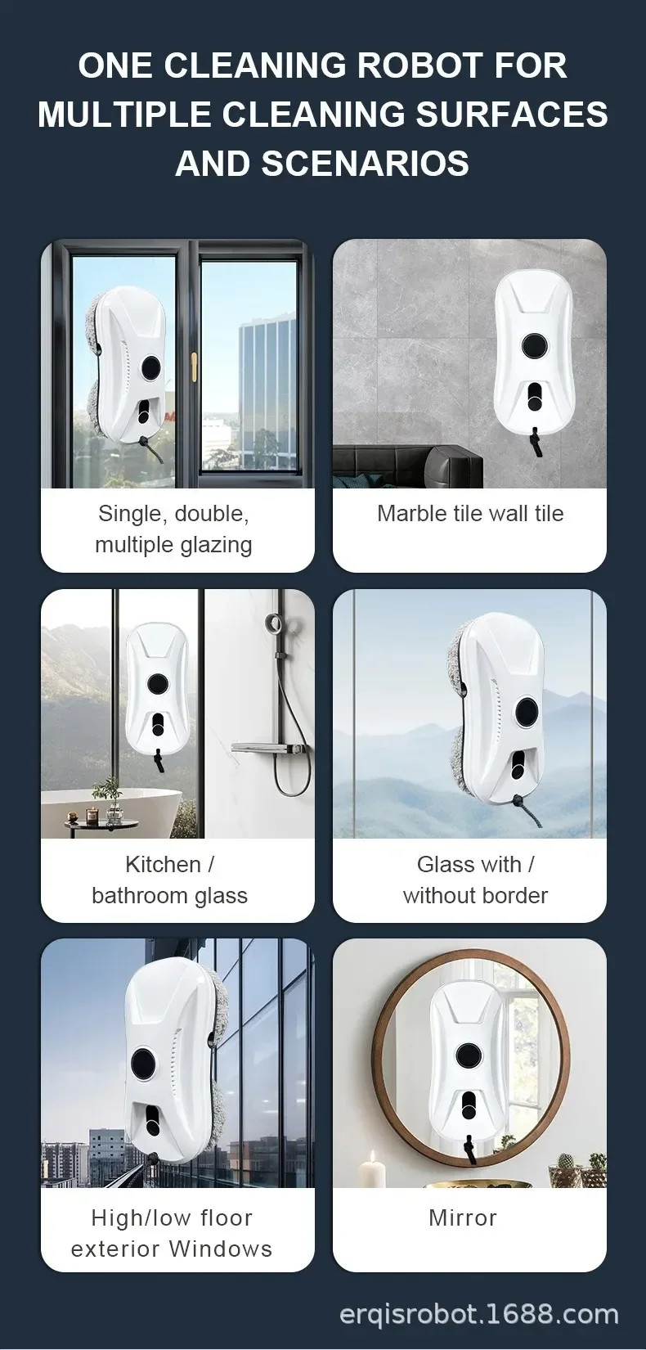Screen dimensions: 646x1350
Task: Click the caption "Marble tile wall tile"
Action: pos(470,514)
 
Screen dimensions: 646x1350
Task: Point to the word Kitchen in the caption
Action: pos(163,864)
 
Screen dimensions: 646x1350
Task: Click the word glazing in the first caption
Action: pos(215,546)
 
